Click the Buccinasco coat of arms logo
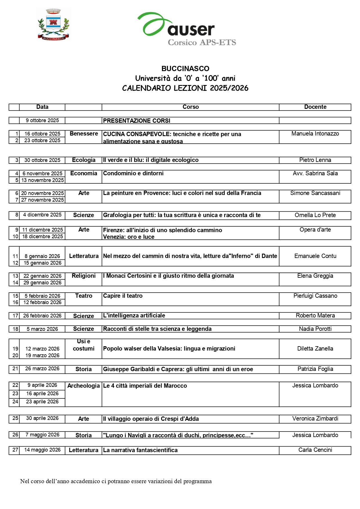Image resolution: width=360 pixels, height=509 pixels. (x=53, y=24)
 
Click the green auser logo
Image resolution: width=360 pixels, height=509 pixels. (x=187, y=28)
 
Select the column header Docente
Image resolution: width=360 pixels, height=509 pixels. (x=315, y=107)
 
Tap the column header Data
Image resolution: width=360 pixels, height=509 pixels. (x=42, y=107)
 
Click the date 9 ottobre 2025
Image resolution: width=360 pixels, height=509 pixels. (x=42, y=120)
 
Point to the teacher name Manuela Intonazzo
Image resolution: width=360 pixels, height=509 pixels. (x=315, y=134)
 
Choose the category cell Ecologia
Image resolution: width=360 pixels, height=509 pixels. (x=84, y=160)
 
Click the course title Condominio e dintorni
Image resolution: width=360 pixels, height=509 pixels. (x=133, y=174)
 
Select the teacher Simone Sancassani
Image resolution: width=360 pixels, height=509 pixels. (x=315, y=193)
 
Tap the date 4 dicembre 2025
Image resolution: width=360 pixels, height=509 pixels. (x=42, y=215)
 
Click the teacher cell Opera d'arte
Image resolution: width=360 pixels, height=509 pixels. (x=315, y=230)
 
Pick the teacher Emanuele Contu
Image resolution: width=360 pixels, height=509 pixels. (x=315, y=256)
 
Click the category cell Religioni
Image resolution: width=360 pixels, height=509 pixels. (x=84, y=276)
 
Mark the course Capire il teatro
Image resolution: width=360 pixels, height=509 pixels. (x=123, y=296)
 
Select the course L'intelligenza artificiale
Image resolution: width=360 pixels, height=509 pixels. (x=134, y=316)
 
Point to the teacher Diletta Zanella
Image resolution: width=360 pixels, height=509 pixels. (x=315, y=349)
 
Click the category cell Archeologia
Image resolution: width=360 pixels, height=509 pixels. (x=84, y=386)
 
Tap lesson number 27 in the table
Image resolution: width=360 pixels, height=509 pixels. (x=15, y=450)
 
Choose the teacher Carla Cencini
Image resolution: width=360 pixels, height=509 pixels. (x=315, y=450)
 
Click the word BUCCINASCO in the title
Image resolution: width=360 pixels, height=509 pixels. (x=185, y=69)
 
